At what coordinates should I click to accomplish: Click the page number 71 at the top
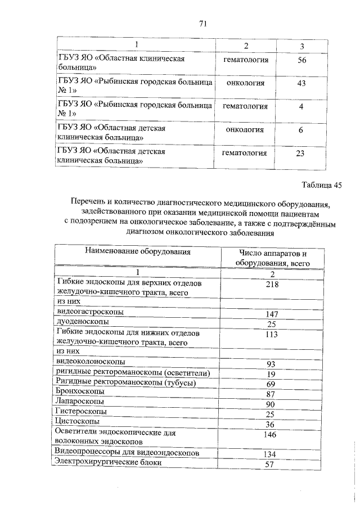(x=204, y=23)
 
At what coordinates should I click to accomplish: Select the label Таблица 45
(x=322, y=184)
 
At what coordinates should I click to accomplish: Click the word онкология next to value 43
(x=245, y=83)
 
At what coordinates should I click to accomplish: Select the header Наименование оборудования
(x=138, y=252)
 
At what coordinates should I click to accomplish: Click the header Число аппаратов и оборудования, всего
(x=272, y=258)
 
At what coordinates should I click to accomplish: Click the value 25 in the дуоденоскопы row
(x=272, y=325)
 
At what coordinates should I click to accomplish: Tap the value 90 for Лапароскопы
(x=272, y=404)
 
